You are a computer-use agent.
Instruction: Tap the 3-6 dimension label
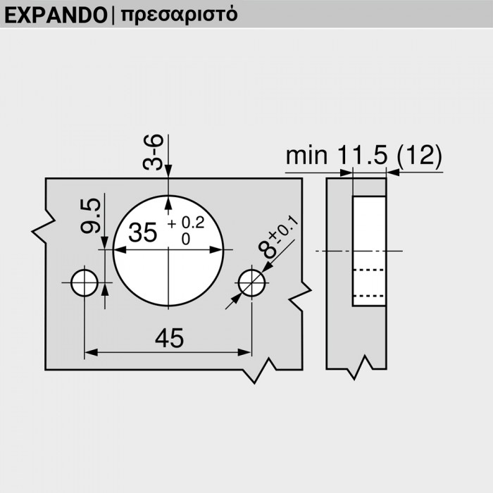tap(154, 154)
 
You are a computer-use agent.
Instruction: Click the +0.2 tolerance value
tap(187, 223)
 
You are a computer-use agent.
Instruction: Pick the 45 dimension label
tap(168, 339)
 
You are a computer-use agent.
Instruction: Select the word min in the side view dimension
tap(306, 156)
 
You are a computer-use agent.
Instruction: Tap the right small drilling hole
tap(251, 282)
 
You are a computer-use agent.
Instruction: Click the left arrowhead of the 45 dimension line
tap(90, 351)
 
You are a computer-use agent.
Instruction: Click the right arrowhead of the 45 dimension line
tap(246, 351)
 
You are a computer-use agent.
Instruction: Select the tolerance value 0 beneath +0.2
tap(186, 239)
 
